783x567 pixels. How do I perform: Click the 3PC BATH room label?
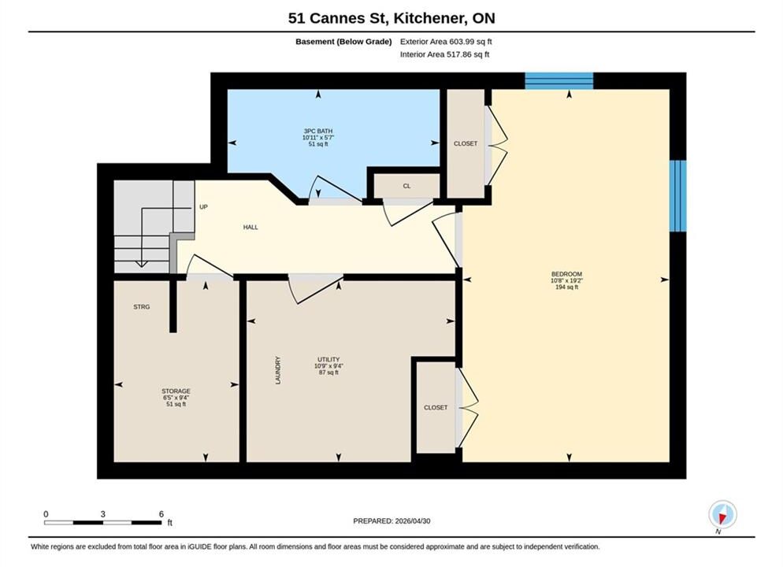click(318, 132)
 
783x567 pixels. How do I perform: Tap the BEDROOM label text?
click(567, 274)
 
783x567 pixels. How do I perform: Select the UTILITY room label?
click(328, 359)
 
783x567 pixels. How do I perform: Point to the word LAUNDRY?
click(278, 370)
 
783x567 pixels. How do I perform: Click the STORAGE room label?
click(176, 391)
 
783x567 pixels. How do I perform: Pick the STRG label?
click(141, 307)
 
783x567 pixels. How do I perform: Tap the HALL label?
click(250, 227)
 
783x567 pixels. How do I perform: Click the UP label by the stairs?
click(203, 206)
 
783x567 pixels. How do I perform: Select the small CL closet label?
click(406, 186)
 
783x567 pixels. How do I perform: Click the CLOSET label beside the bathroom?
click(466, 144)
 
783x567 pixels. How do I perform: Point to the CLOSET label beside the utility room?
click(436, 408)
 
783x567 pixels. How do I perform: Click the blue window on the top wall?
click(558, 81)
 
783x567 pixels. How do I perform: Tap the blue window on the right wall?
click(677, 196)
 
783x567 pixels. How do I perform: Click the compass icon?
click(722, 514)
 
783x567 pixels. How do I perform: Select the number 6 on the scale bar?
click(161, 513)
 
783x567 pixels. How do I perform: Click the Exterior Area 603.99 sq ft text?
click(446, 42)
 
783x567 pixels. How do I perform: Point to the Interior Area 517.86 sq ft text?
click(444, 54)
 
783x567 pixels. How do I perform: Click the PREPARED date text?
click(391, 521)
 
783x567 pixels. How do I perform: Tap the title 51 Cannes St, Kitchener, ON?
click(391, 18)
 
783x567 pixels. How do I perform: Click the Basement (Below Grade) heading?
click(343, 42)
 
